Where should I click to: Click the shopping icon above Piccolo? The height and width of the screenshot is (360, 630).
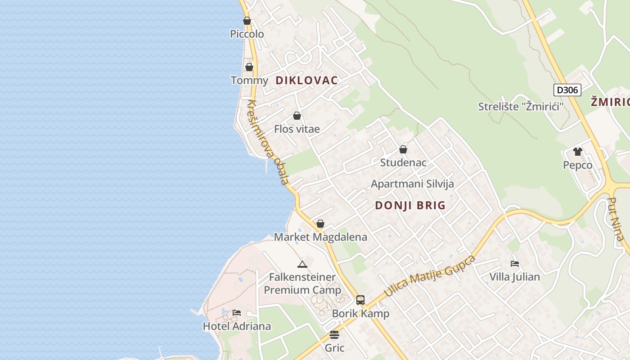(x=247, y=21)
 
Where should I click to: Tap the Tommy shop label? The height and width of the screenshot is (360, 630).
(x=249, y=81)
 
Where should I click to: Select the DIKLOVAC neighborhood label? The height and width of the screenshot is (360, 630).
(x=306, y=81)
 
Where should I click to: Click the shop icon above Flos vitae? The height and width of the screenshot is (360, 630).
(x=297, y=116)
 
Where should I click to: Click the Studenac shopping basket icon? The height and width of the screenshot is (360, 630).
(x=403, y=149)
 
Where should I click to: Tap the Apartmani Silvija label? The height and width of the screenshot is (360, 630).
(x=412, y=184)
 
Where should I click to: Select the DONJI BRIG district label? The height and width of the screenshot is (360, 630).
(x=410, y=206)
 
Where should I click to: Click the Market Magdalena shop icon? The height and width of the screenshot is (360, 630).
(x=320, y=224)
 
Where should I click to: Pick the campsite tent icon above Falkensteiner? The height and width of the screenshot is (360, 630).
(x=302, y=264)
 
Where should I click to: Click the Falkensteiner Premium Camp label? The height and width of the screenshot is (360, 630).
(x=302, y=283)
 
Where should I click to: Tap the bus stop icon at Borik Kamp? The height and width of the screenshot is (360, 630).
(x=360, y=300)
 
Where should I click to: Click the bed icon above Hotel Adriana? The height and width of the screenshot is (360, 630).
(x=237, y=313)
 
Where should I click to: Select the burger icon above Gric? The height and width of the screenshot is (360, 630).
(x=334, y=335)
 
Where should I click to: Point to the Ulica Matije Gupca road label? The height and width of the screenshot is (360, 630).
(x=429, y=276)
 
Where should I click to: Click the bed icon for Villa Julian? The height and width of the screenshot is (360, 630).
(x=515, y=263)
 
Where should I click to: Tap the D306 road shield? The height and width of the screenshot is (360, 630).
(x=567, y=90)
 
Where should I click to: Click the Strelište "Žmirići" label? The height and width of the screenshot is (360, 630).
(x=521, y=107)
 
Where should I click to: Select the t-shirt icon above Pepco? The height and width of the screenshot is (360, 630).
(x=578, y=152)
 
